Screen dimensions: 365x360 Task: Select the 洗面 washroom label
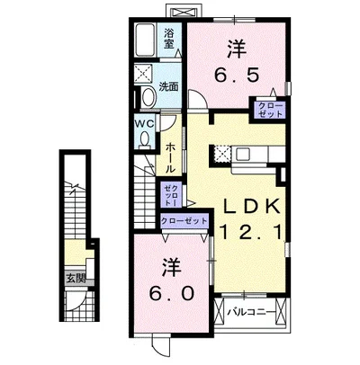(x=169, y=87)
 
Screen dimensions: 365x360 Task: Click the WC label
(x=147, y=121)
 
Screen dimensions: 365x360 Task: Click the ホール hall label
(x=170, y=156)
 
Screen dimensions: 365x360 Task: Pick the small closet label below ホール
(x=171, y=194)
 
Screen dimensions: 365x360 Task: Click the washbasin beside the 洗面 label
(x=146, y=97)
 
